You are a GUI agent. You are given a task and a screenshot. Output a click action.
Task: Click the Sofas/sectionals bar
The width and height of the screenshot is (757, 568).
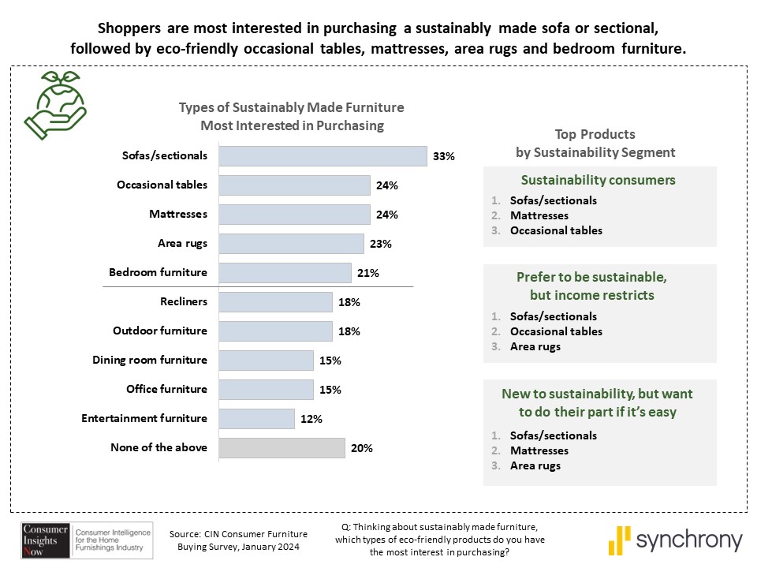[323, 156]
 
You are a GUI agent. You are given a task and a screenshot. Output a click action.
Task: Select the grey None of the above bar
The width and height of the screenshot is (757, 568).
[282, 448]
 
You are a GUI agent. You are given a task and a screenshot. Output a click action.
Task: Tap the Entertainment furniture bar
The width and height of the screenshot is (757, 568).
[256, 419]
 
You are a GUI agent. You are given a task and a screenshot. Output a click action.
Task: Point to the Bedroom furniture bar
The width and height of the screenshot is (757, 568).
[285, 273]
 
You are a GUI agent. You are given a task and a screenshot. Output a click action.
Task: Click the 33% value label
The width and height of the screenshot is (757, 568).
[444, 156]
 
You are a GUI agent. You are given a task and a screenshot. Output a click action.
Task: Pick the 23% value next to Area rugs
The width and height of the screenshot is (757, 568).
[381, 244]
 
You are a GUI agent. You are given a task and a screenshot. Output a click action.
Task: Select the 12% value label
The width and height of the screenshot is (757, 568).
[311, 419]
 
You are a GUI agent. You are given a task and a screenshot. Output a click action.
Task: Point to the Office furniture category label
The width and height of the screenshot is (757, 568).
[166, 389]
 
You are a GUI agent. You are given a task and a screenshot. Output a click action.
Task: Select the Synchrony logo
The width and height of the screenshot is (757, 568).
[675, 540]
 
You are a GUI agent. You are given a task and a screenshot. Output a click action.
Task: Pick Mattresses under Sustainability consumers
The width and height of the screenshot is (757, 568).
[539, 215]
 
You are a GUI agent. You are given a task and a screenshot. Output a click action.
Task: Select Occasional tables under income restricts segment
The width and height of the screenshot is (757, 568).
[556, 331]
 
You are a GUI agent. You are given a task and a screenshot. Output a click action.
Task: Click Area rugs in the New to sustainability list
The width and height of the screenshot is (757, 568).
[535, 465]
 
